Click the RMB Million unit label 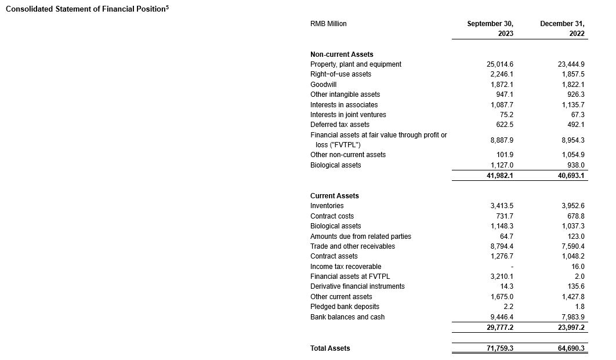tap(328, 24)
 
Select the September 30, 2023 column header tap(490, 28)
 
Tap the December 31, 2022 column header tap(562, 28)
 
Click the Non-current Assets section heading tap(342, 54)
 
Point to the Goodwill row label tap(323, 85)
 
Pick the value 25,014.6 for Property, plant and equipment tap(500, 64)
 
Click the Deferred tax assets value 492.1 tap(574, 125)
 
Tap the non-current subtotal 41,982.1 tap(499, 176)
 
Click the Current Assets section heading tap(334, 196)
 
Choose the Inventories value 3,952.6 tap(571, 206)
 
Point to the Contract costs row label tap(332, 216)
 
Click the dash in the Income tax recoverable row tap(511, 267)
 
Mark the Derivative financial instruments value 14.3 tap(506, 286)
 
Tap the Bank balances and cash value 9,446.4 tap(502, 317)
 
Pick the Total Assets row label tap(330, 348)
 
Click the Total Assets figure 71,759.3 tap(499, 348)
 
